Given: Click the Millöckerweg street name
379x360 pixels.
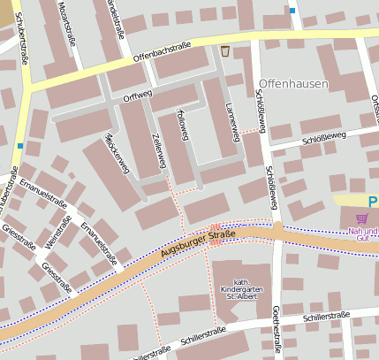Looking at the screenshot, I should coord(117,152).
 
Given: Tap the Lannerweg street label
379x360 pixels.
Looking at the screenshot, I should coord(232,121).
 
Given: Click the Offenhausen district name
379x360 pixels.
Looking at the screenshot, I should coord(294,84).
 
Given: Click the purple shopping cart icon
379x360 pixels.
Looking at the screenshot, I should coord(361,218).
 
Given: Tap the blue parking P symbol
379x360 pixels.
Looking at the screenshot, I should coord(373,202).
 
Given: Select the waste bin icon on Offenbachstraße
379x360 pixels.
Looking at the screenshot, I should coord(225,50).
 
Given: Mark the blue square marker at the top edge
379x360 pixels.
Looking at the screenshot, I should coord(292,11).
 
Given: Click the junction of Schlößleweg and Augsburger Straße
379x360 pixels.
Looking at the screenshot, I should coord(277,232).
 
